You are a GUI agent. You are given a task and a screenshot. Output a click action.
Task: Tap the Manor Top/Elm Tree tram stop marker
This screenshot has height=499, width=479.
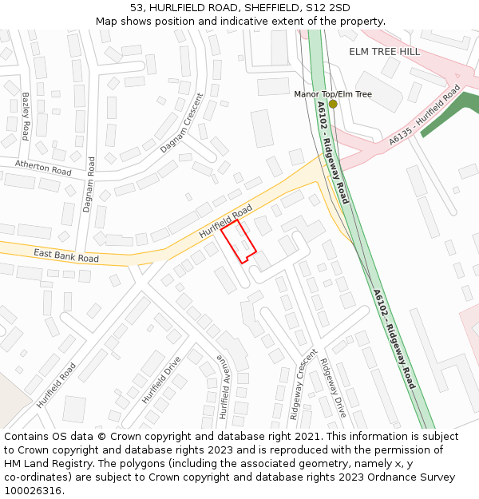[x=333, y=104]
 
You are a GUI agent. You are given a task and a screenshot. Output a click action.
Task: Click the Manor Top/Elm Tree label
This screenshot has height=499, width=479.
[x=333, y=94]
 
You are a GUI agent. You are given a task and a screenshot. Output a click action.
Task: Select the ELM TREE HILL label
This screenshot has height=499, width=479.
[x=384, y=52]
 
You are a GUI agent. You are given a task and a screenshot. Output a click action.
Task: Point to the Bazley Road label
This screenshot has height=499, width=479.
[x=26, y=116]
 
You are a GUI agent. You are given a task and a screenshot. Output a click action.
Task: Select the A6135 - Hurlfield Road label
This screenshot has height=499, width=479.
[x=425, y=117]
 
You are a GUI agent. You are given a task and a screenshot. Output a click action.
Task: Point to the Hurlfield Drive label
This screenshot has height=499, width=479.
[x=161, y=379]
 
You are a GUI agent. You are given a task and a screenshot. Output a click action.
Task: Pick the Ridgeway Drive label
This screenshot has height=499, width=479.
[x=333, y=388]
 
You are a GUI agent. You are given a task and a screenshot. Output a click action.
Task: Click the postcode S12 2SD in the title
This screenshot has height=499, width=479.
[x=330, y=7]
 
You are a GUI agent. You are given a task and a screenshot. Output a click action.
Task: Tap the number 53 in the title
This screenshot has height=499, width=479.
[x=137, y=7]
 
